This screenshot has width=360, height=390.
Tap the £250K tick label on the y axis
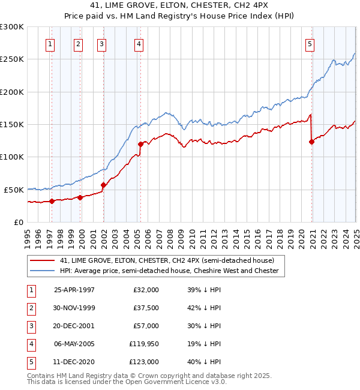click(11, 59)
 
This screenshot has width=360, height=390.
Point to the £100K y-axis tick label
click(11, 157)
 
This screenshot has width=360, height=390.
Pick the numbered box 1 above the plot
click(50, 44)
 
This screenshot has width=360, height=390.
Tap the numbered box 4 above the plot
click(139, 44)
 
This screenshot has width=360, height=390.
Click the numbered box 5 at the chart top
click(310, 44)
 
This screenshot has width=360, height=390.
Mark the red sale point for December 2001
click(103, 185)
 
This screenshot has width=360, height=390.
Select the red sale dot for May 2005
click(140, 144)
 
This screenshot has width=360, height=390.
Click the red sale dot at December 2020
click(312, 142)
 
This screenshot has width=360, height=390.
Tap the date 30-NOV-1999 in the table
click(74, 308)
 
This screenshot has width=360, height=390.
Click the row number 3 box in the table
click(30, 326)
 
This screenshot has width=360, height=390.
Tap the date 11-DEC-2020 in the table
click(74, 362)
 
